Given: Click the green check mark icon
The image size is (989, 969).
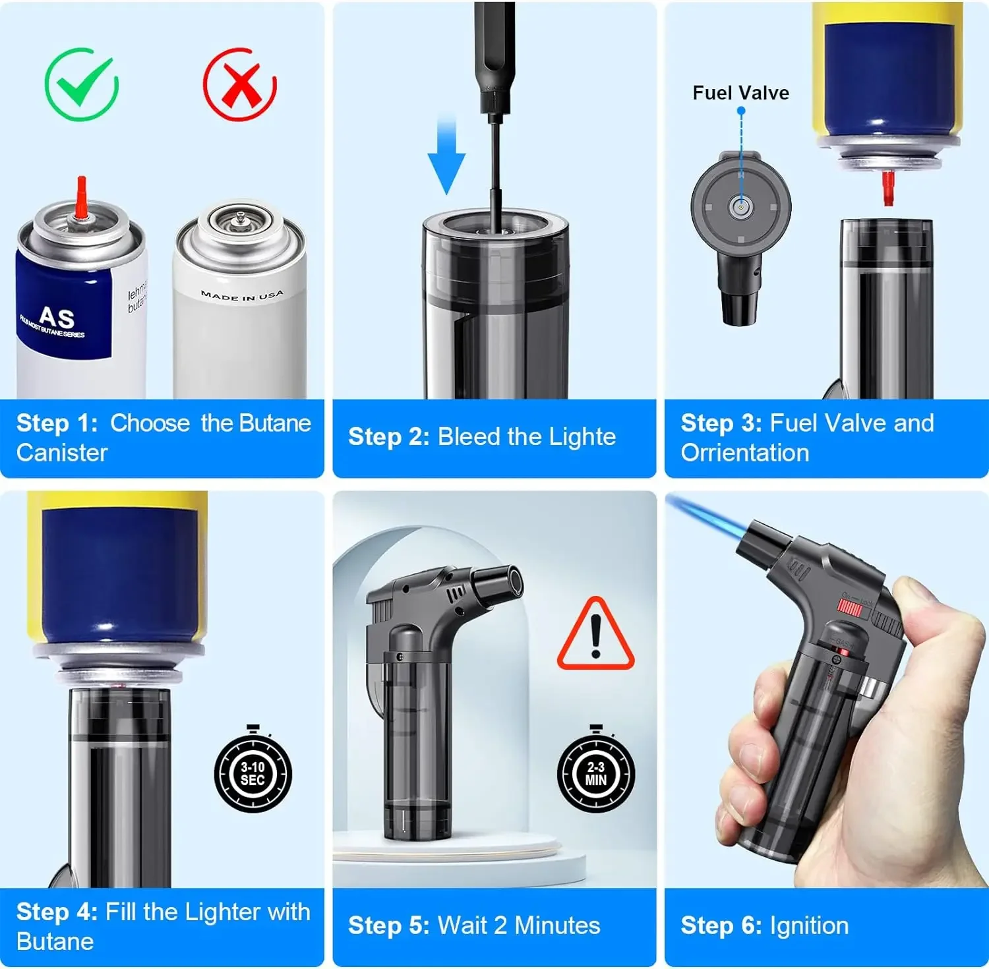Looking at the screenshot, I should click(81, 84).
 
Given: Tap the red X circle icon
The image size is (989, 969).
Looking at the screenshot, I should click(240, 84).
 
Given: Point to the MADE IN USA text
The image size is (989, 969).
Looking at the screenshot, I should click(242, 295).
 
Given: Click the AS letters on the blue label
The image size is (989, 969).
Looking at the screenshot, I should click(57, 317).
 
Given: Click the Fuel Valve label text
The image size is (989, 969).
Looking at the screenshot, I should click(740, 93).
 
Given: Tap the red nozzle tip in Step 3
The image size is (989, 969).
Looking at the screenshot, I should click(888, 188).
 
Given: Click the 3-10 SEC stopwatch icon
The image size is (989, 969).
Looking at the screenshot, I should click(253, 773).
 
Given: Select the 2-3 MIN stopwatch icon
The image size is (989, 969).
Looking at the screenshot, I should click(596, 773).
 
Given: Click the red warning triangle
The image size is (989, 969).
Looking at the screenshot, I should click(595, 635).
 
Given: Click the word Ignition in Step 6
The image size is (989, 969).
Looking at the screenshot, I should click(809, 925).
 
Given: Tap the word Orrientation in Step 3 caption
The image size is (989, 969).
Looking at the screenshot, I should click(744, 453).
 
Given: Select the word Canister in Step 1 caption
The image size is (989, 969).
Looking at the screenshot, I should click(62, 453).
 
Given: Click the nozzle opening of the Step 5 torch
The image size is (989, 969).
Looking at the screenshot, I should click(513, 581).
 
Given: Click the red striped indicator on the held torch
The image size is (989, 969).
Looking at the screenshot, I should click(849, 608).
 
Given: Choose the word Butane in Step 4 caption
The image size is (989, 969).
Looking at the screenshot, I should click(55, 941).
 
